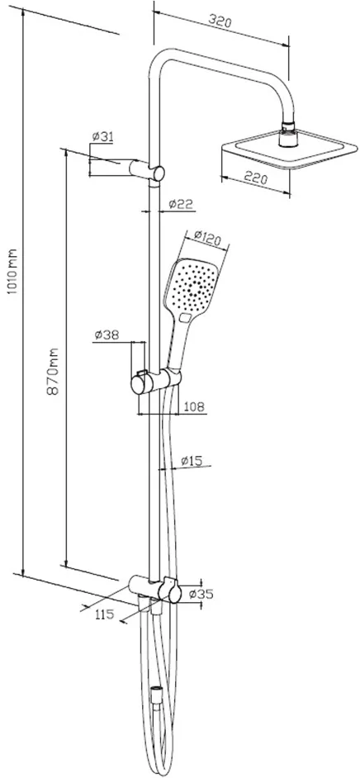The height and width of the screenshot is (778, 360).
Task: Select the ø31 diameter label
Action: point(102,137)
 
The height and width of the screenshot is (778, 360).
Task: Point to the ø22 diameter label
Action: point(180,203)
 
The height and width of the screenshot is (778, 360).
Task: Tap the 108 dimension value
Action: point(194,407)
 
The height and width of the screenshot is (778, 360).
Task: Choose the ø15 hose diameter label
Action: point(192,461)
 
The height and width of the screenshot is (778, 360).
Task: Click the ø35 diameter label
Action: point(201,594)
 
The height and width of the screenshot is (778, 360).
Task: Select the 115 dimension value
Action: point(104,614)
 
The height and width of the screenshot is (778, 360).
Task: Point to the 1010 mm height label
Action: point(13,272)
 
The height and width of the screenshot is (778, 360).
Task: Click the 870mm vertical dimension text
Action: point(53,371)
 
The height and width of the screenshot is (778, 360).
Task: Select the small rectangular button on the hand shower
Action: point(187,317)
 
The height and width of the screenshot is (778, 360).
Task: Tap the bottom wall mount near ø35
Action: point(154,589)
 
